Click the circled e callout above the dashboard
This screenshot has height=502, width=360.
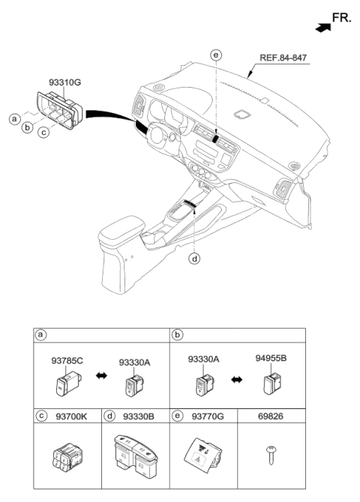click(216, 55)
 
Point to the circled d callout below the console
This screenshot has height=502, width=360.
click(194, 260)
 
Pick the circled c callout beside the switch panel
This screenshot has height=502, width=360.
click(45, 133)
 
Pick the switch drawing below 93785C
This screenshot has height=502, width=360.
click(64, 386)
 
